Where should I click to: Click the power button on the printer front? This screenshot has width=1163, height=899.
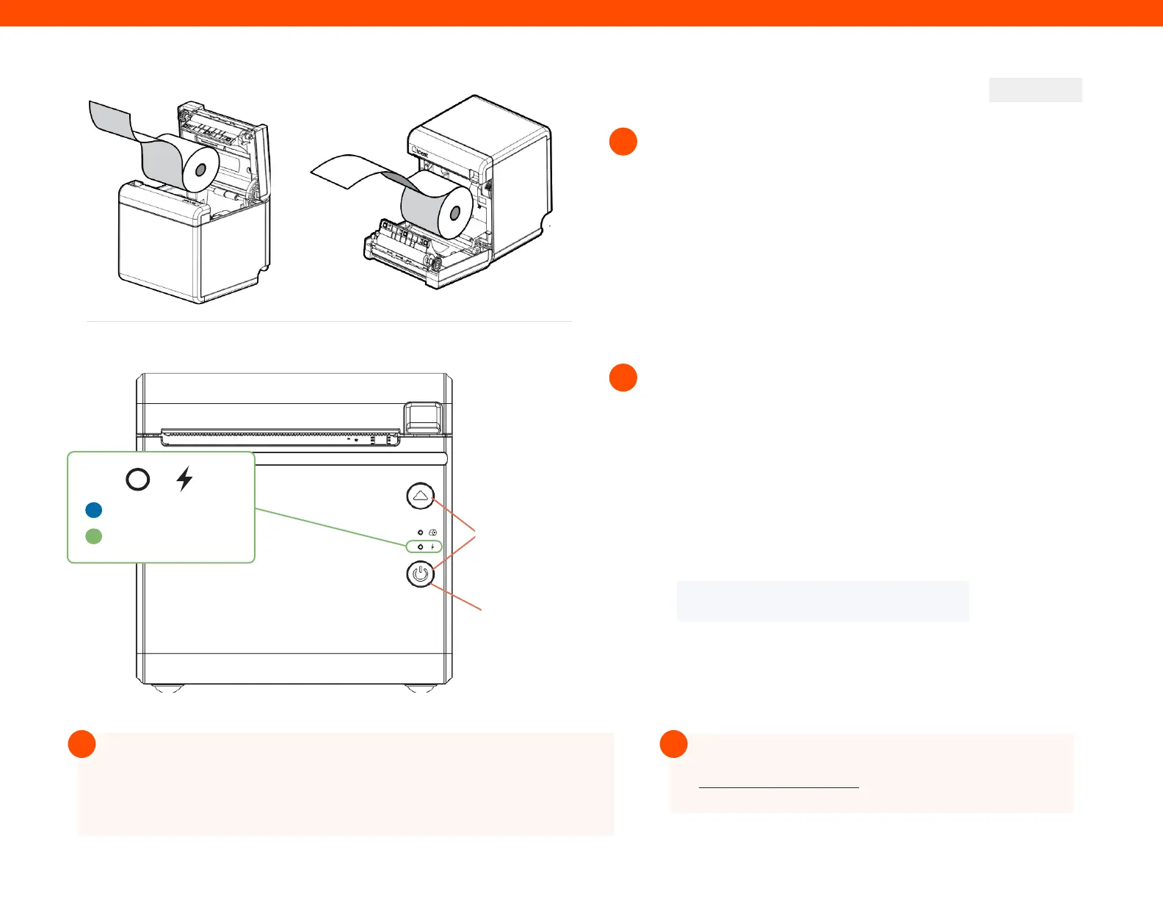(420, 574)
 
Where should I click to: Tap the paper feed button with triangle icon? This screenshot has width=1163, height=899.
(420, 496)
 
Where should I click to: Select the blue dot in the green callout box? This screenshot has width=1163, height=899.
(93, 510)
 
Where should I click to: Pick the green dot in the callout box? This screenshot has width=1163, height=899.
(93, 536)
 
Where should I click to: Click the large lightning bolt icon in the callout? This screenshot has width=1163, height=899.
(184, 479)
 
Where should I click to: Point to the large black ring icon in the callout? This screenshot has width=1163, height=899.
(138, 479)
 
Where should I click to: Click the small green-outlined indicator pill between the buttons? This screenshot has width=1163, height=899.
(425, 546)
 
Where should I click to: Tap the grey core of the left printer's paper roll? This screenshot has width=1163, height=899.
(201, 169)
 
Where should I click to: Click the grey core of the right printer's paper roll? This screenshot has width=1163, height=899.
(454, 213)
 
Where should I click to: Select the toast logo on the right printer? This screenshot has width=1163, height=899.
(420, 154)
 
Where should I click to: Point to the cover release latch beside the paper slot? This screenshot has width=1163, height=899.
(424, 416)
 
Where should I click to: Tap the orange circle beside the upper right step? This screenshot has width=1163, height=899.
(623, 142)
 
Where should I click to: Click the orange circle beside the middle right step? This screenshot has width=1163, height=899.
(623, 378)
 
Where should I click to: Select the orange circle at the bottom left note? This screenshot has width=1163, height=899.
(82, 744)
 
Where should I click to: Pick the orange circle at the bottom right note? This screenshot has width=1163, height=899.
(673, 744)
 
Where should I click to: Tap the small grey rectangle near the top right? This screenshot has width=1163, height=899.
(1035, 90)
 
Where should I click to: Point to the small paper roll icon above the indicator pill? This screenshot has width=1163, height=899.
(433, 532)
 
